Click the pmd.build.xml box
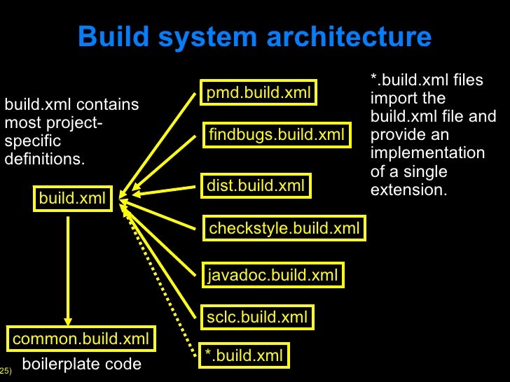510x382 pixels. click(259, 92)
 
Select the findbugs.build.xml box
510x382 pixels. click(277, 134)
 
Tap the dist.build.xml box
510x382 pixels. click(256, 185)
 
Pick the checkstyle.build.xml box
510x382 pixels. click(284, 228)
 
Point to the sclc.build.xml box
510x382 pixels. click(257, 317)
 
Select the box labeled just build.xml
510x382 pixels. click(72, 198)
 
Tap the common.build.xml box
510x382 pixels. click(81, 339)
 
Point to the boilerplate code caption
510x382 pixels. click(82, 364)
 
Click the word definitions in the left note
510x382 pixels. click(44, 159)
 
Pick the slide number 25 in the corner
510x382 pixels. click(5, 369)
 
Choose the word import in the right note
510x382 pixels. click(392, 98)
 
